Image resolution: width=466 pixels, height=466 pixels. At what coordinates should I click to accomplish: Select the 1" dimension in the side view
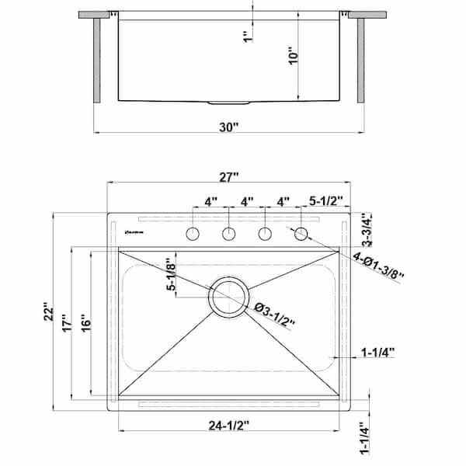(247, 36)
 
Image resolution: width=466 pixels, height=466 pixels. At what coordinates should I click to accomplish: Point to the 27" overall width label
(228, 177)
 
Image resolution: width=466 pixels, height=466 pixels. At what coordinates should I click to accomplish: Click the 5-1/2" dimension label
(326, 201)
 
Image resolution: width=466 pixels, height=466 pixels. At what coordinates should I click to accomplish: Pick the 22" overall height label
(49, 312)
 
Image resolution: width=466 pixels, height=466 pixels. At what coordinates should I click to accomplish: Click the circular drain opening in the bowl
(229, 297)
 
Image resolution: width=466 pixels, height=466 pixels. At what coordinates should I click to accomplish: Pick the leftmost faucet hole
(193, 234)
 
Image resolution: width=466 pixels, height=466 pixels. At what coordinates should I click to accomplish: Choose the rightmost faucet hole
(301, 234)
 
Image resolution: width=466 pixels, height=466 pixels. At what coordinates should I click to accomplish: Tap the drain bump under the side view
(230, 102)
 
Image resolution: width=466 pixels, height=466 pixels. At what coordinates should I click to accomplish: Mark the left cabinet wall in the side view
(97, 60)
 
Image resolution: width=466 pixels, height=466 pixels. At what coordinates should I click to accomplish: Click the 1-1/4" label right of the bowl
(377, 352)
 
